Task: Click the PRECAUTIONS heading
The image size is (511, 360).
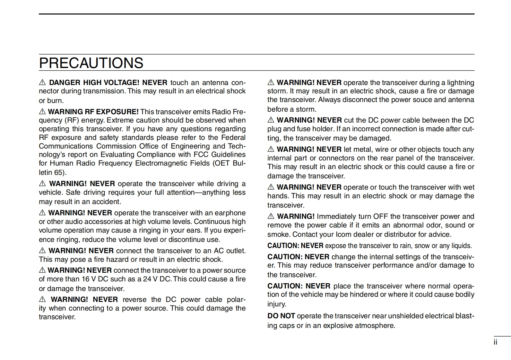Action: tap(91, 63)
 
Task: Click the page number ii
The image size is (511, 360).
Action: tap(495, 342)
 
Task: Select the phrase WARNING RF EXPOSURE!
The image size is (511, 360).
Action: tap(93, 112)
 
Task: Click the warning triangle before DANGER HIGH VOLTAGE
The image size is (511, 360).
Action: tap(42, 83)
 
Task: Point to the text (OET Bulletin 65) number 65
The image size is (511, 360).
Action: tap(58, 173)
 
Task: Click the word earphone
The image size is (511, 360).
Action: tap(230, 213)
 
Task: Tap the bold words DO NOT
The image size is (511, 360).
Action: tap(281, 316)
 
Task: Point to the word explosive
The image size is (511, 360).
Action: tap(338, 326)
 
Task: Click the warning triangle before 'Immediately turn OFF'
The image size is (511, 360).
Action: tap(271, 217)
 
